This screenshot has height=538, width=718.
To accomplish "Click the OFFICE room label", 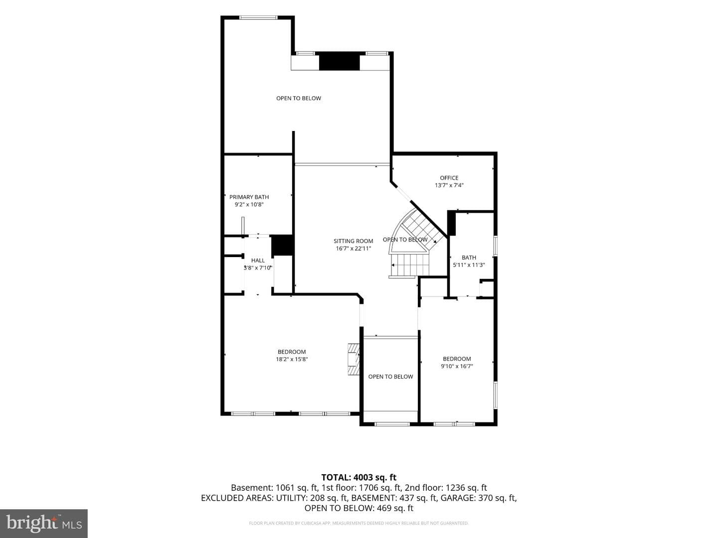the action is click(x=449, y=178).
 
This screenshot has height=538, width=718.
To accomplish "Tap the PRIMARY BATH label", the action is click(x=249, y=197).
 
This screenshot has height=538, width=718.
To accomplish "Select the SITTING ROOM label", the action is click(x=354, y=241).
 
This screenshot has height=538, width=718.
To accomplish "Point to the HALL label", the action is click(x=258, y=261).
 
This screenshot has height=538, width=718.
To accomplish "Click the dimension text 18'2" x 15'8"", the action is click(x=292, y=359).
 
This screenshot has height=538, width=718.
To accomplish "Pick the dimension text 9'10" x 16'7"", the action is click(x=457, y=366).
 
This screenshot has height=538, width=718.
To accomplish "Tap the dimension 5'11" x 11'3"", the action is click(x=469, y=265).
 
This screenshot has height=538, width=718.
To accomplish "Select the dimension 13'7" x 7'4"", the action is click(x=449, y=185).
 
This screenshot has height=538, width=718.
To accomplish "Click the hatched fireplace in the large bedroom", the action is click(x=354, y=359).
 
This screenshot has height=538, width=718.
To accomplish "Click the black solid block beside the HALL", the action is click(x=282, y=245).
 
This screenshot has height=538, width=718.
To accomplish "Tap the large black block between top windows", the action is click(x=339, y=61).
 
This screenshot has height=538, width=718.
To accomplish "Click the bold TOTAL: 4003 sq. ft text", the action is click(x=359, y=478).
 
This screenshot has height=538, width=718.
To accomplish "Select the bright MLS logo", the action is click(x=44, y=524).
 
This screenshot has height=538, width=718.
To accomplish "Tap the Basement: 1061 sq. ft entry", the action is click(x=275, y=488).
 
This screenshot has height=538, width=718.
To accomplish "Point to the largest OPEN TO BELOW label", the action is click(x=299, y=98).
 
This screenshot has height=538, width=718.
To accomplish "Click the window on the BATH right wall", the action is click(x=496, y=246).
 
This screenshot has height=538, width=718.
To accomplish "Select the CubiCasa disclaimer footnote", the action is click(x=359, y=523).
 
